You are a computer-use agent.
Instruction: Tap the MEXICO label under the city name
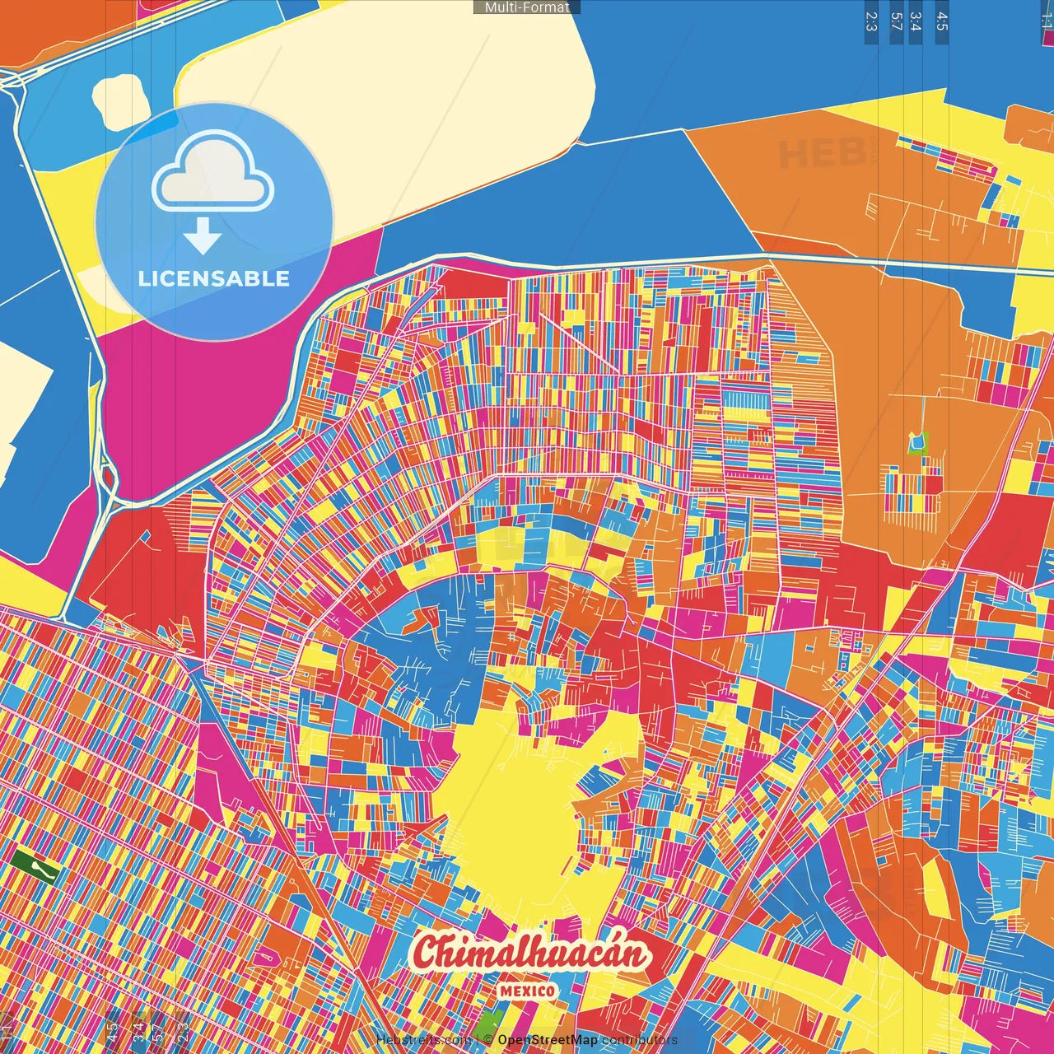[x=527, y=991]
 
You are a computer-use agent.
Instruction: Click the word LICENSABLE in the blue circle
[x=214, y=278]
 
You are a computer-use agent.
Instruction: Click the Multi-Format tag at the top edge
[x=527, y=7]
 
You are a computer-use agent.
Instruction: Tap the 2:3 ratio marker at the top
[x=870, y=21]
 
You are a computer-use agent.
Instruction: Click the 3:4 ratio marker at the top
[x=915, y=21]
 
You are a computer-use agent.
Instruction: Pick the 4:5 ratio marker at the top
[x=941, y=21]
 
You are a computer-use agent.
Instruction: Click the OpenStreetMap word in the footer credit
[x=548, y=1040]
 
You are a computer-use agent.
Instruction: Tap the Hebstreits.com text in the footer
[x=424, y=1040]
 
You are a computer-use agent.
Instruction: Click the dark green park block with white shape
[x=34, y=867]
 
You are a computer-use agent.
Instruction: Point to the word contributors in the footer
[x=640, y=1040]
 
